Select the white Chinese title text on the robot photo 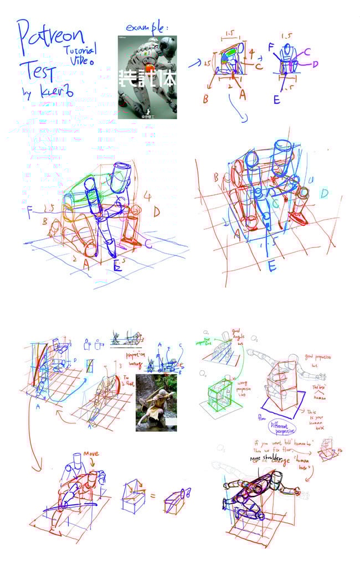tap(148, 79)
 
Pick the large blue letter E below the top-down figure tap(271, 267)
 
